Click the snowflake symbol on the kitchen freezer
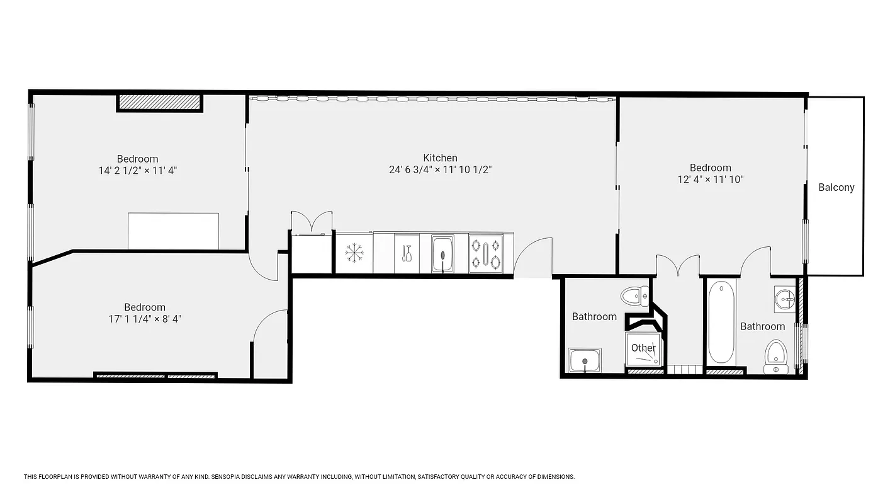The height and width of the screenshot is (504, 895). point(354,253)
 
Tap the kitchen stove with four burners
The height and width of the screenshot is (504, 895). point(485,253)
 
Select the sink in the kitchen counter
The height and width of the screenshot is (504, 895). point(442,254)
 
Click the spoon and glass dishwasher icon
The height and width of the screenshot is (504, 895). point(407,253)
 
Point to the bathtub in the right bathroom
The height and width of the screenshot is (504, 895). point(721,323)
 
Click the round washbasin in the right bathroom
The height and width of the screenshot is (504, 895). point(785,300)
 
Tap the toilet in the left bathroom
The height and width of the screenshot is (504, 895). point(634,295)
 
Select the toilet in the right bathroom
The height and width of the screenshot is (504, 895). point(775,357)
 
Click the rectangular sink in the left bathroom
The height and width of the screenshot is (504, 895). point(585,360)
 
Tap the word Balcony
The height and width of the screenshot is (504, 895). point(836,187)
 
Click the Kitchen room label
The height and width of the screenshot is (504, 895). point(440,158)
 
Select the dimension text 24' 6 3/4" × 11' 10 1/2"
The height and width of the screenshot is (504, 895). point(440,169)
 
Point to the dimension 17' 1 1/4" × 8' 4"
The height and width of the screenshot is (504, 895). point(145,319)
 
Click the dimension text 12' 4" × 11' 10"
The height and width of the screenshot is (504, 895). point(710,179)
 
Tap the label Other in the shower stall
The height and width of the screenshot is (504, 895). point(643,348)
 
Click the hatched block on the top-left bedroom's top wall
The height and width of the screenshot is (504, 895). point(160,102)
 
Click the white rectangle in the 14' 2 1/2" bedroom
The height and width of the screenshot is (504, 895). point(173,231)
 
